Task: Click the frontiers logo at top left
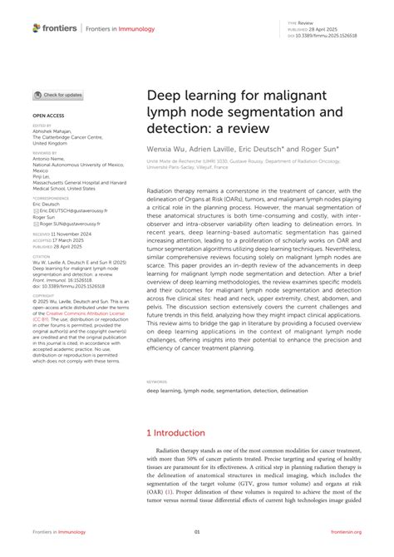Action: click(x=55, y=27)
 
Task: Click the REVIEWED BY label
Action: click(x=45, y=153)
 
